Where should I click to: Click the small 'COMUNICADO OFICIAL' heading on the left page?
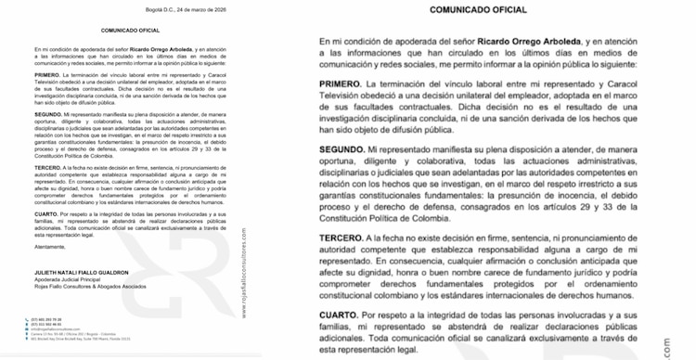click(131, 31)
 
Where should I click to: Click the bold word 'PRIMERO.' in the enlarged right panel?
click(346, 84)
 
